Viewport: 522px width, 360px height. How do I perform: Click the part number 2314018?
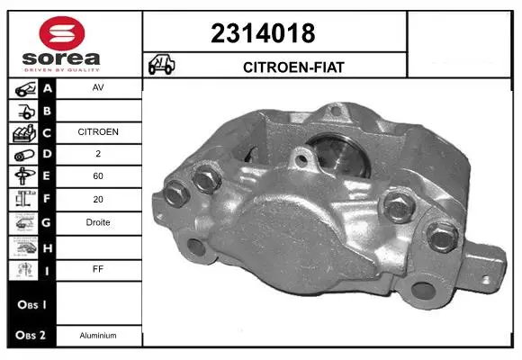click(x=263, y=33)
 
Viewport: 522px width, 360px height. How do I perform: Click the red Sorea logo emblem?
click(x=62, y=33)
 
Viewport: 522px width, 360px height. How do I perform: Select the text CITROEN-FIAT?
click(x=293, y=67)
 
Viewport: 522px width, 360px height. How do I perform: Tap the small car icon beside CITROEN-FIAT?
click(x=161, y=64)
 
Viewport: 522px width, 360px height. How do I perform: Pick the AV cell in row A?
click(x=98, y=87)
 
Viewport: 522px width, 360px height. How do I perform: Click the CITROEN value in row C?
click(x=98, y=132)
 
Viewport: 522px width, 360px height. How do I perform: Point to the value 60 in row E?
click(x=98, y=175)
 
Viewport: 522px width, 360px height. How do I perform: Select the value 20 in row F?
click(x=98, y=199)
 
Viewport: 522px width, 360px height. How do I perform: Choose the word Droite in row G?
click(x=98, y=222)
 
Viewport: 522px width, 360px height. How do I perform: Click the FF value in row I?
click(x=98, y=269)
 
